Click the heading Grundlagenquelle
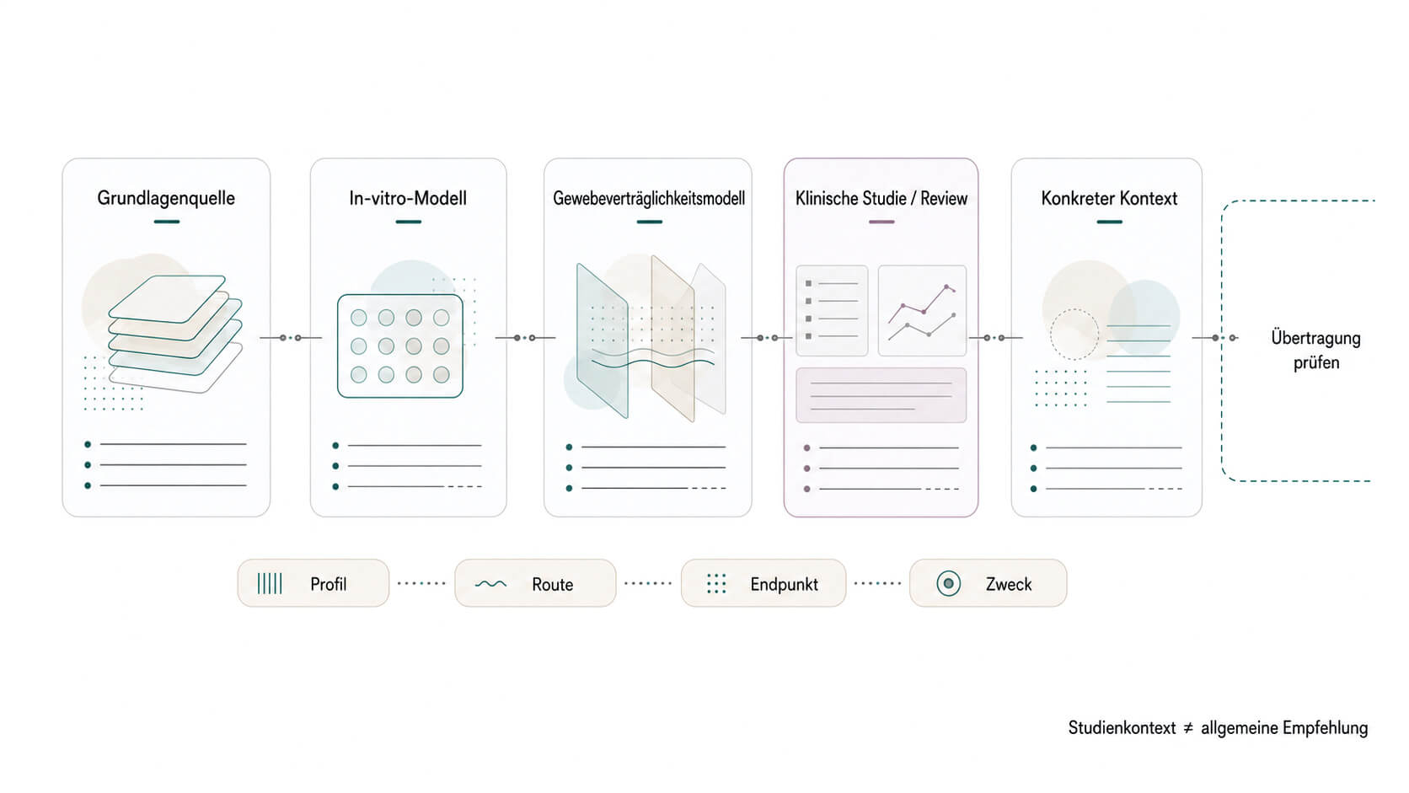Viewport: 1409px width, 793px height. (x=166, y=198)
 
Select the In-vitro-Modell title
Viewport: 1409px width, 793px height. (x=408, y=198)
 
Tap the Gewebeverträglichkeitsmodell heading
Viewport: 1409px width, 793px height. (x=649, y=199)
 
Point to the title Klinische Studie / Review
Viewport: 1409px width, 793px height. (x=881, y=199)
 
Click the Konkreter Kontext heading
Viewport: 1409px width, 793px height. (x=1109, y=199)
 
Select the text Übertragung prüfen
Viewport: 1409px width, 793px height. (x=1316, y=350)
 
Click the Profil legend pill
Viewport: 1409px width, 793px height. (x=313, y=584)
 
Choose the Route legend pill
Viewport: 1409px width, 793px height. (x=535, y=584)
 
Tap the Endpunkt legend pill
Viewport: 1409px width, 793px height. (x=763, y=584)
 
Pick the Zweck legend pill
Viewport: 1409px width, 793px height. (x=988, y=584)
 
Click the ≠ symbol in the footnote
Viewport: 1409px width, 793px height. (x=1188, y=728)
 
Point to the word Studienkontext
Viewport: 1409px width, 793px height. (x=1122, y=728)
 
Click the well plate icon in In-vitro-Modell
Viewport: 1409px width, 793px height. (x=400, y=346)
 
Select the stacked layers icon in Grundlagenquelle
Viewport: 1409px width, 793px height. (x=175, y=334)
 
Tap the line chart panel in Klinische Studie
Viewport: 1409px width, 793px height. (x=922, y=311)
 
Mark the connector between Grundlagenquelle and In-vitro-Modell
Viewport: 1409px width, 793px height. (x=291, y=338)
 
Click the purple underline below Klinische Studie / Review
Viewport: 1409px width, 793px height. (x=881, y=222)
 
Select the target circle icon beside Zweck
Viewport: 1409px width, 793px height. (x=948, y=584)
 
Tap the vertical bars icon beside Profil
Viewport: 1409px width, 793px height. (x=269, y=584)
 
